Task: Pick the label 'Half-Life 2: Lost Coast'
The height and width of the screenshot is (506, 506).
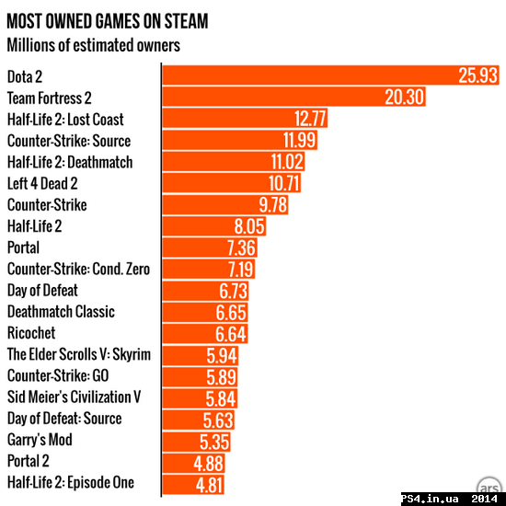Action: coord(65,120)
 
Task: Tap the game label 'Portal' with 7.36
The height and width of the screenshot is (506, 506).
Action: coord(23,247)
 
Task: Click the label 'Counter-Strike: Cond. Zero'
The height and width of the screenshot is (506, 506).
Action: coord(78,269)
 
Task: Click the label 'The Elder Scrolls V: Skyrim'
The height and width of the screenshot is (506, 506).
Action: coord(79,354)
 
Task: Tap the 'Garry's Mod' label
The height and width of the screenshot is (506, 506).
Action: coord(40,440)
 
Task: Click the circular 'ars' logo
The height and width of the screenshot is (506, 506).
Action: coord(489,486)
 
